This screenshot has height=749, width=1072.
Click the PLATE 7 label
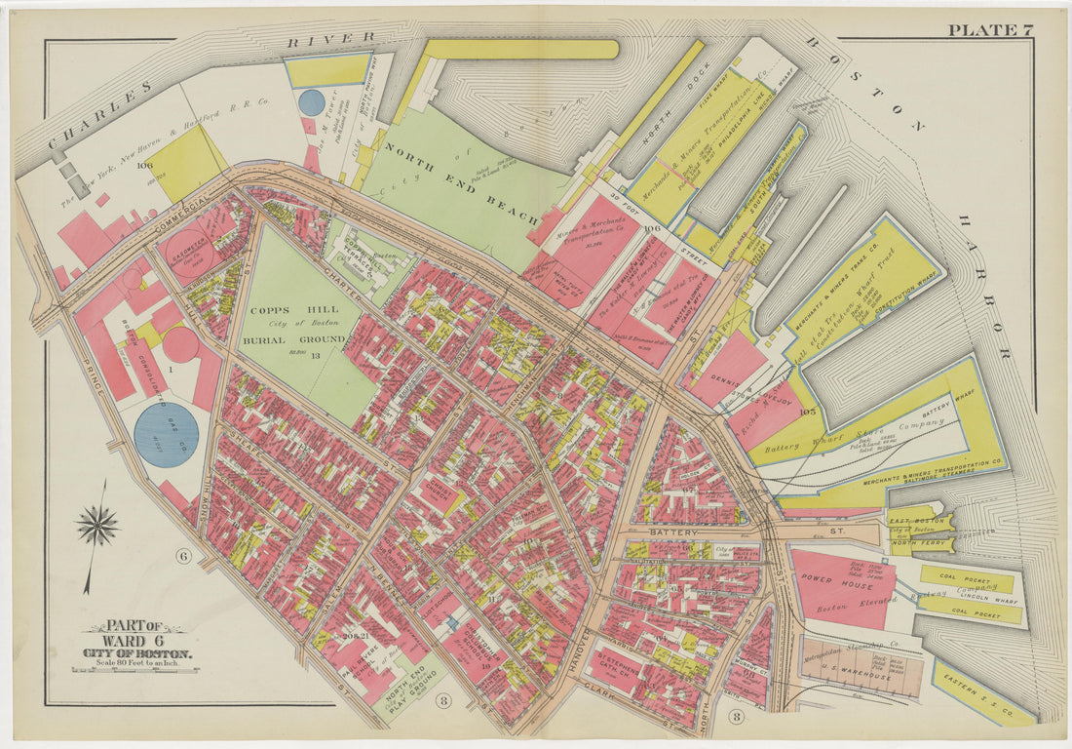(989, 29)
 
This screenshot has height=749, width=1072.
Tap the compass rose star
(97, 527)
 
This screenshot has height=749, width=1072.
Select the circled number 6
(181, 557)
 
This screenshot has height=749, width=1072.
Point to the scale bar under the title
(135, 669)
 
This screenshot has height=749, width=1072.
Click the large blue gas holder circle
(166, 434)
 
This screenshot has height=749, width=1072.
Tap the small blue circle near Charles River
(311, 102)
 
